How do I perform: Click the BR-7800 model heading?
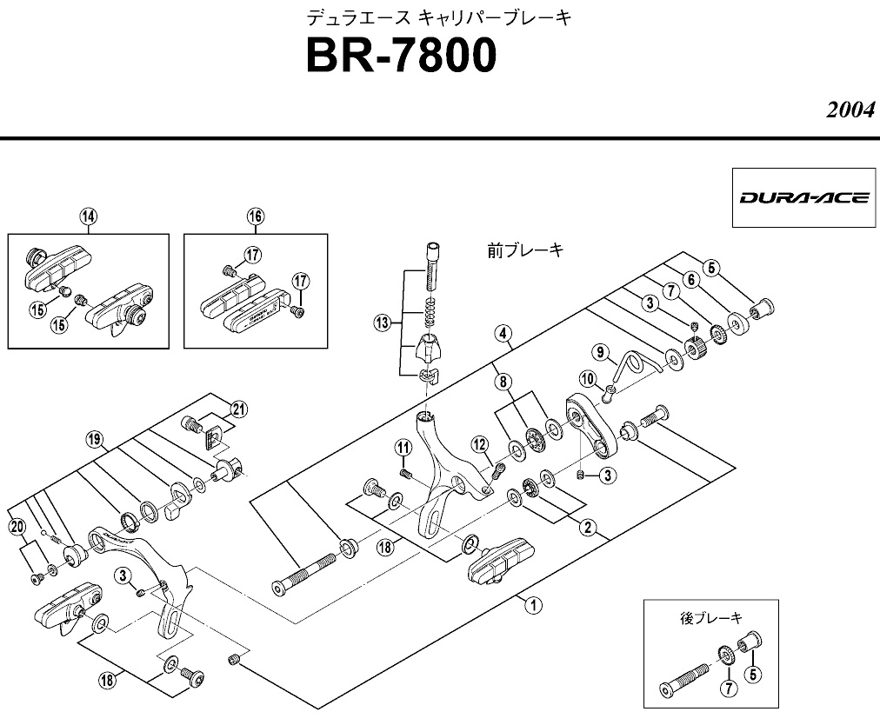[x=401, y=57]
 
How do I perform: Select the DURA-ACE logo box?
[x=803, y=197]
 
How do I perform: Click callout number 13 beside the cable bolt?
[x=380, y=323]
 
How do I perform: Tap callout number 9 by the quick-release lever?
[x=599, y=351]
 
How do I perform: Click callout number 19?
[x=95, y=439]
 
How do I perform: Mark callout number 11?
[x=403, y=448]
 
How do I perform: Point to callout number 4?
[x=502, y=332]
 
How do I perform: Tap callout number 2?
[x=587, y=526]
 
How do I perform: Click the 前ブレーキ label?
[x=524, y=250]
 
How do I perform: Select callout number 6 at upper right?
[x=691, y=279]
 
